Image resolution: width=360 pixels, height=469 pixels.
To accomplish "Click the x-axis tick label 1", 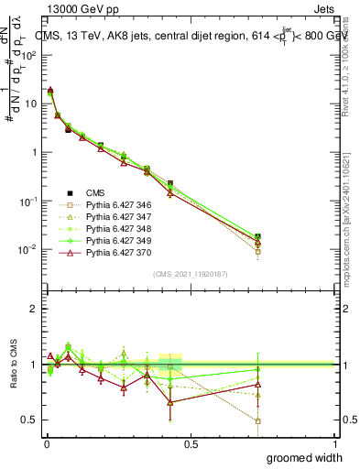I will tap(335, 444).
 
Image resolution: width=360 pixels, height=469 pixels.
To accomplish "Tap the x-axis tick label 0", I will tap(46, 444).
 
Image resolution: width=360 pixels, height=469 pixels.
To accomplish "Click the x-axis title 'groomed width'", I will tap(305, 457).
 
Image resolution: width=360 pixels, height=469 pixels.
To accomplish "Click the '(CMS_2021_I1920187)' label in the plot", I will tap(191, 274).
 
